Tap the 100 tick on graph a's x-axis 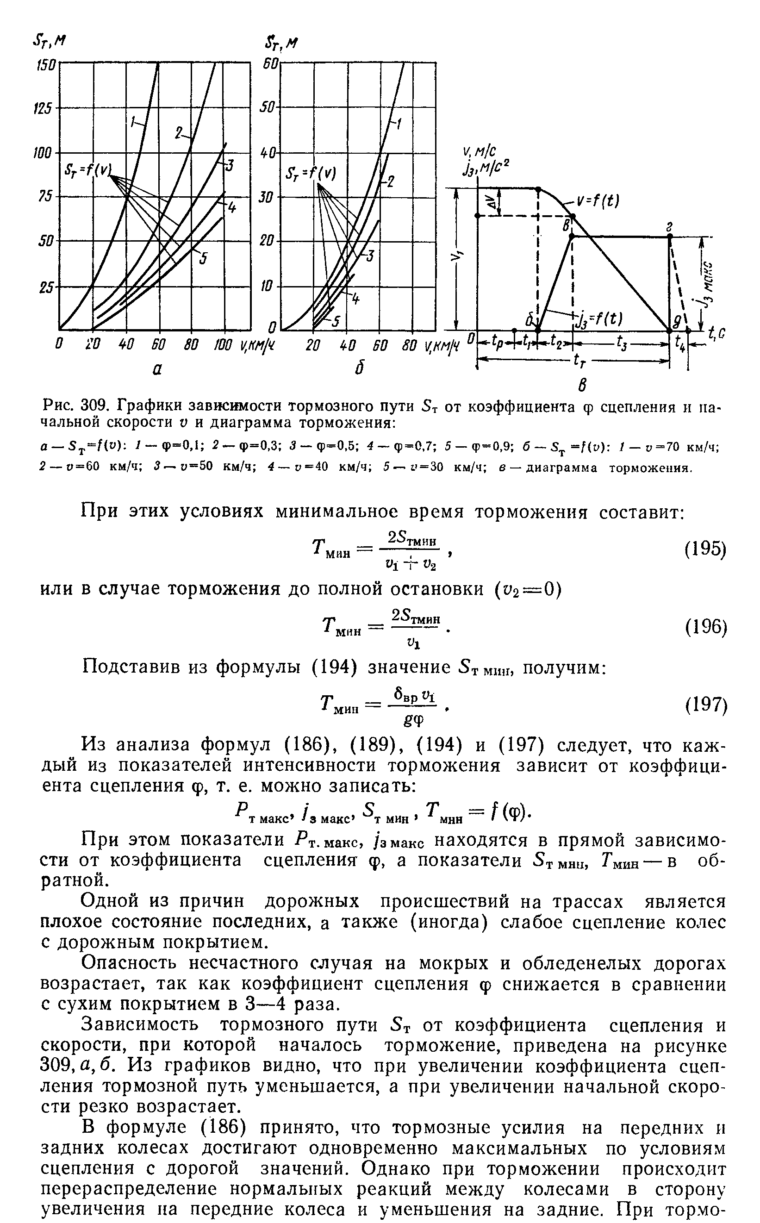click(223, 346)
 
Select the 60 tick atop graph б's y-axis click(270, 65)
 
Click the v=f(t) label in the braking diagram click(598, 201)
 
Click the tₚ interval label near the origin click(497, 344)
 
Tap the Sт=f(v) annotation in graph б click(310, 174)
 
